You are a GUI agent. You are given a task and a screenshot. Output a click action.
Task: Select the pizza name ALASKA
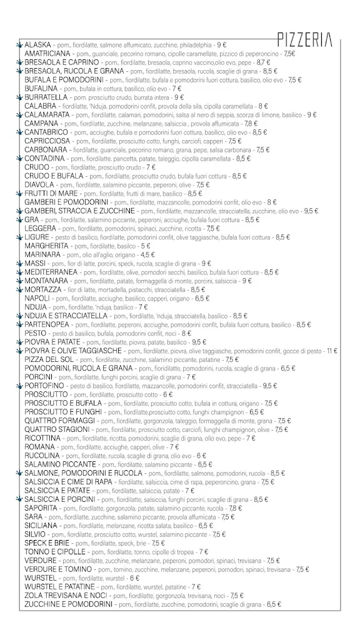click(x=38, y=46)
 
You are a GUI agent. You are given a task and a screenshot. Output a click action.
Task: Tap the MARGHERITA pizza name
click(x=46, y=246)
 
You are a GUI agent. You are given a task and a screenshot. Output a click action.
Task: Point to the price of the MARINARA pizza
click(x=147, y=255)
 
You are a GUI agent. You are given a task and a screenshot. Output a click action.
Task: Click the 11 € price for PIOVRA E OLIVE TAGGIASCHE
click(x=332, y=351)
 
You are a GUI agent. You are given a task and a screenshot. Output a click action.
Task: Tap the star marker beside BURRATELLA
click(x=19, y=97)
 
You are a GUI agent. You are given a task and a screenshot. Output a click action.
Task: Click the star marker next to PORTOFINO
click(x=19, y=386)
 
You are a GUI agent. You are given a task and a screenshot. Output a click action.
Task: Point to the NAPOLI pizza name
click(x=37, y=299)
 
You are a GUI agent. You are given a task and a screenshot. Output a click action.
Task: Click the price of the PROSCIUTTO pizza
click(x=168, y=395)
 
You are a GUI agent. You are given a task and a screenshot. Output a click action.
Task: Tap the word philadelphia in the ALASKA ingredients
click(x=194, y=46)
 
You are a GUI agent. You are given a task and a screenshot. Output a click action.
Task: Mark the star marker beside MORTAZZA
click(x=19, y=290)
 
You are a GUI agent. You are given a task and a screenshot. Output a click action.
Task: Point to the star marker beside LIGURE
click(x=19, y=237)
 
